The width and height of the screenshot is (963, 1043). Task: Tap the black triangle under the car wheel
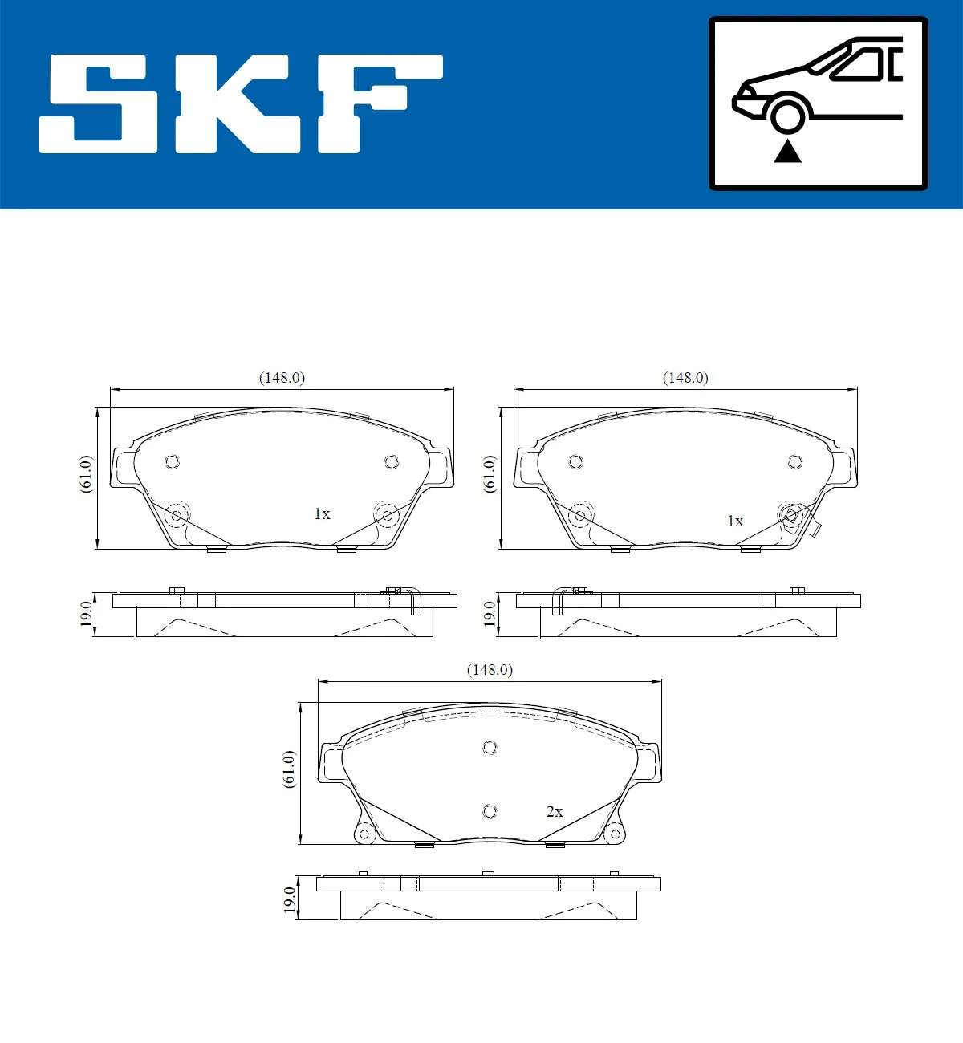click(787, 151)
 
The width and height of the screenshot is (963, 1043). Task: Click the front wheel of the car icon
click(787, 115)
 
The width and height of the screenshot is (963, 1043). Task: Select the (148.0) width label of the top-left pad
click(282, 378)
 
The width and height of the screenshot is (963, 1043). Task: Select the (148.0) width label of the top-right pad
click(685, 378)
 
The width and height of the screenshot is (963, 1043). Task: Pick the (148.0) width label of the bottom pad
click(490, 670)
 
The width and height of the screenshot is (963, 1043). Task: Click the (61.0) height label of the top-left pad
click(86, 474)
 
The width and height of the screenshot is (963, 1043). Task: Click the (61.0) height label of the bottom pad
click(289, 769)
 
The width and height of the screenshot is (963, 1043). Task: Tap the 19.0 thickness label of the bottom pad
click(289, 899)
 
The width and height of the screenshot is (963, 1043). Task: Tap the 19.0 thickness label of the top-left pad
click(86, 614)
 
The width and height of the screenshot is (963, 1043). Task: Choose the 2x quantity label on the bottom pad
click(555, 812)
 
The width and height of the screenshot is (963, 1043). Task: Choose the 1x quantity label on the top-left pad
click(322, 514)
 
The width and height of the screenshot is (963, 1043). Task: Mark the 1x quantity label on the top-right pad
click(735, 521)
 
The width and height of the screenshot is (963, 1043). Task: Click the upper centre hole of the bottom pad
click(490, 748)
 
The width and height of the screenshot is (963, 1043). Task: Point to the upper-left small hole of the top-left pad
click(172, 461)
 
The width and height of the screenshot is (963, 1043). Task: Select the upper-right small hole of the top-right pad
click(795, 461)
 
